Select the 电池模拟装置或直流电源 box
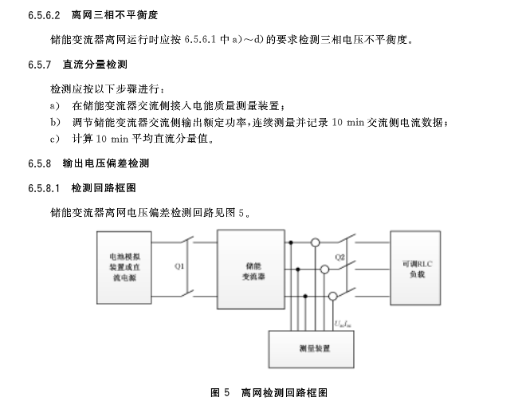tap(126, 268)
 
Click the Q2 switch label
tap(340, 257)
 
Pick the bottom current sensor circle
tap(332, 296)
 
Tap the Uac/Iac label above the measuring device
tap(341, 321)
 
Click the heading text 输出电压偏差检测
tap(106, 163)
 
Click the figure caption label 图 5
tap(220, 392)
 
